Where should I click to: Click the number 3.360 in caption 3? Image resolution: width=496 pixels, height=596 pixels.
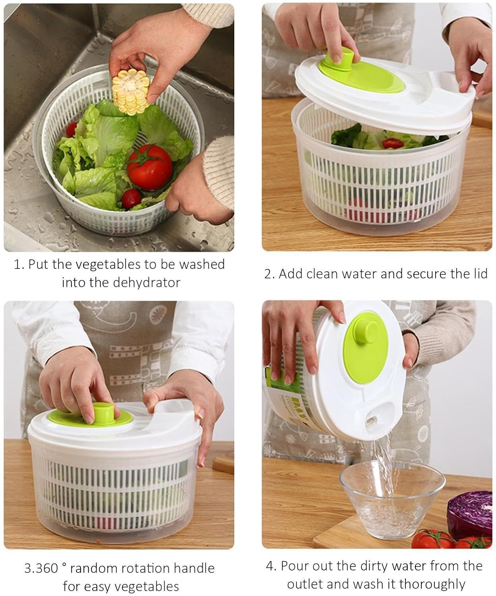click(41, 568)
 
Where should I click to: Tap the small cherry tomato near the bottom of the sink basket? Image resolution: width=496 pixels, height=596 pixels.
click(131, 197)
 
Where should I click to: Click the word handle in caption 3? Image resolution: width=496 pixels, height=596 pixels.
click(194, 568)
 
